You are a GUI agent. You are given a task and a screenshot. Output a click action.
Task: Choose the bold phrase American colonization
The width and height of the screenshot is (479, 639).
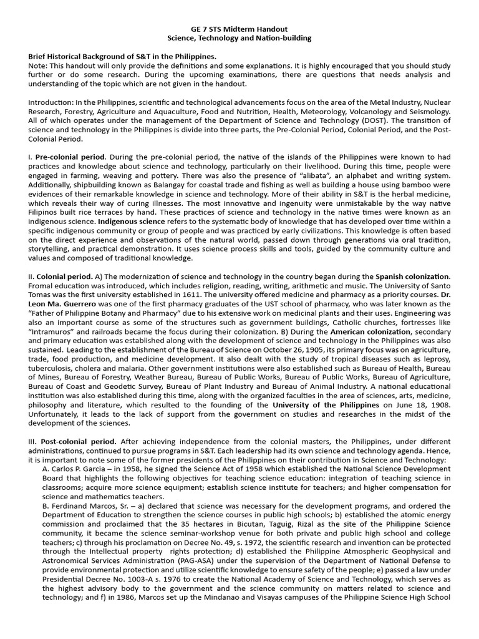click(370, 349)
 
